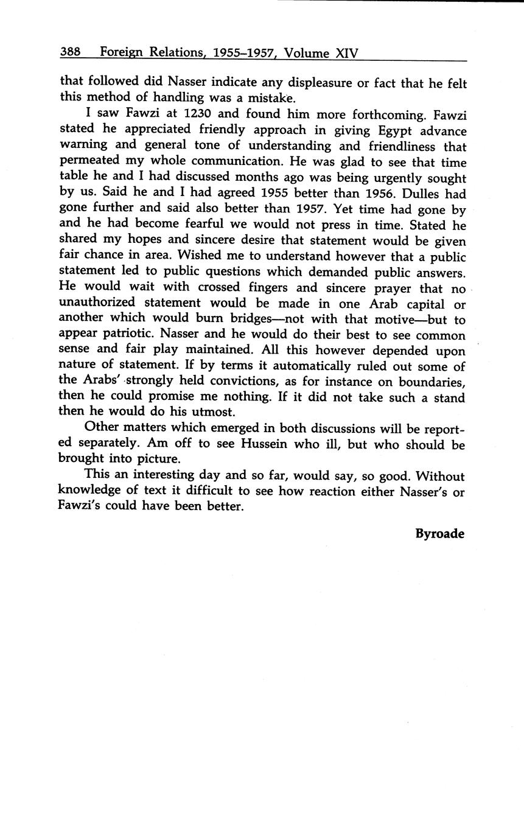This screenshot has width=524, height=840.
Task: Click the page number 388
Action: click(x=71, y=52)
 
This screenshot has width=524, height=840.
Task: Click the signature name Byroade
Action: click(x=439, y=534)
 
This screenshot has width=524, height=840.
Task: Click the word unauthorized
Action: click(x=97, y=303)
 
